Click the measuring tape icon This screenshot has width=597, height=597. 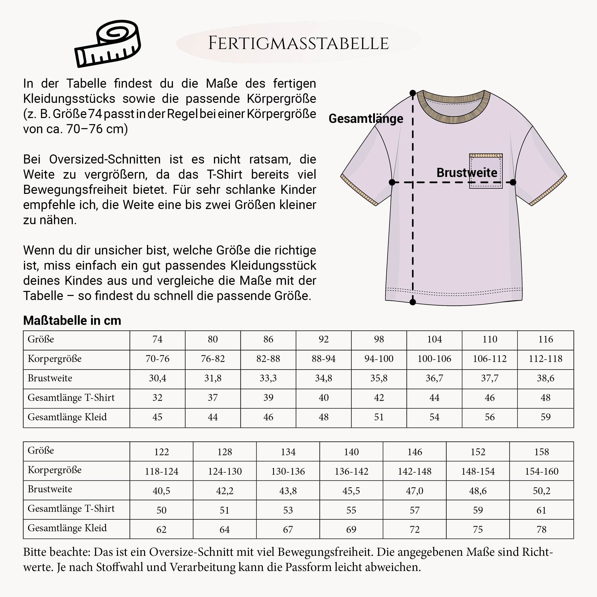(107, 44)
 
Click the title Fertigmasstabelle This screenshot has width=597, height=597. (298, 43)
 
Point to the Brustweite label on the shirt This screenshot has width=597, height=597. (467, 173)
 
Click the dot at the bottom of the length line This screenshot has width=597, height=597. (412, 302)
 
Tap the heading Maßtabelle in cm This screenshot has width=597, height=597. (72, 320)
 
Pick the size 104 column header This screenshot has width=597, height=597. (434, 339)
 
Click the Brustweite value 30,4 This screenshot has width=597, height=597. (157, 378)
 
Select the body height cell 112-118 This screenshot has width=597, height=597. (545, 359)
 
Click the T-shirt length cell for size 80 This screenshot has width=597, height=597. (213, 398)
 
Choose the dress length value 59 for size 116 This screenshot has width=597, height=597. (545, 417)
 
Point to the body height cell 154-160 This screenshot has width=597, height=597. (541, 471)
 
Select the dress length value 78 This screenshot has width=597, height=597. (541, 529)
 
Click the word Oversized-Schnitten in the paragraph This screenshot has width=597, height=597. (105, 159)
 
